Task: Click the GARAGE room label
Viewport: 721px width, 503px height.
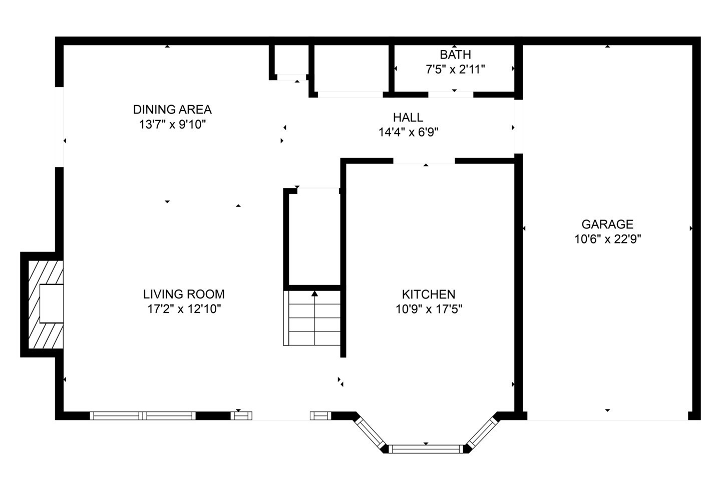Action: [x=607, y=224]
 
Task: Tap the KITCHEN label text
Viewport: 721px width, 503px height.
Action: [x=429, y=294]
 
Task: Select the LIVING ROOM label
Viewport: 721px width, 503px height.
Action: [x=184, y=294]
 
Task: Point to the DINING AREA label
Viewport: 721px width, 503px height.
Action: [x=172, y=109]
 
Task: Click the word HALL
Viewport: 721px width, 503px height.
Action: [x=408, y=117]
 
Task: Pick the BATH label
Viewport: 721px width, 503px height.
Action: [x=455, y=54]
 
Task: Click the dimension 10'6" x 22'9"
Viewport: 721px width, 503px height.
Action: [x=608, y=239]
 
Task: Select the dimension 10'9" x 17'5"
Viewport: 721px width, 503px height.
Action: [x=429, y=309]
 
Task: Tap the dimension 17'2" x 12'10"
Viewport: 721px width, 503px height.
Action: [x=184, y=309]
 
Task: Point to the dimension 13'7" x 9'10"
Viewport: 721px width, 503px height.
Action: [x=172, y=124]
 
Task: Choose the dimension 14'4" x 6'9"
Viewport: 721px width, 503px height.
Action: [x=408, y=132]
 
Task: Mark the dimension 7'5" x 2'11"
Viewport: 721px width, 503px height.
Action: [x=455, y=69]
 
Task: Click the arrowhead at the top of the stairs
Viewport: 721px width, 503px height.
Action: [x=314, y=293]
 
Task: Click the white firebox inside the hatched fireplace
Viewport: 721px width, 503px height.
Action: [x=52, y=303]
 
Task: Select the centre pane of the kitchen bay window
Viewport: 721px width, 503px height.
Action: [x=426, y=449]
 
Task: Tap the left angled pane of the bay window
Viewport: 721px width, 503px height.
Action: [x=371, y=432]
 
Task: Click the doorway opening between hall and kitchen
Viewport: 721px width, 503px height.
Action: [x=424, y=161]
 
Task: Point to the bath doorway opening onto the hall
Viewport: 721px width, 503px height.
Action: [x=451, y=94]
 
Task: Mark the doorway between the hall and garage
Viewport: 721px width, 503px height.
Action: [x=518, y=126]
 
